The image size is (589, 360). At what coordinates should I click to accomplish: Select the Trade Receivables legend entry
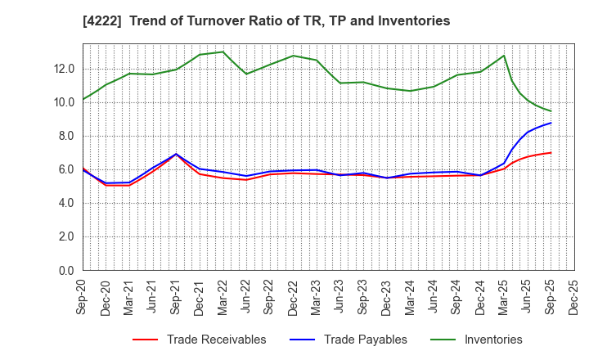pyautogui.click(x=216, y=340)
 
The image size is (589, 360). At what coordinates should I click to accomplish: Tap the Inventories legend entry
pyautogui.click(x=492, y=340)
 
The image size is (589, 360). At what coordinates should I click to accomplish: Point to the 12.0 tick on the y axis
pyautogui.click(x=65, y=69)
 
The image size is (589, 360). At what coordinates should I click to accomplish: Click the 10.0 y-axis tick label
pyautogui.click(x=65, y=102)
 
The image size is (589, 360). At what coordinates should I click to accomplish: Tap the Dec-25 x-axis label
pyautogui.click(x=574, y=295)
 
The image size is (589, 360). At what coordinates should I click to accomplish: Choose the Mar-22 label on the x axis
pyautogui.click(x=223, y=295)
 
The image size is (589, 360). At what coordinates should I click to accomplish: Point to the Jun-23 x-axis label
pyautogui.click(x=340, y=295)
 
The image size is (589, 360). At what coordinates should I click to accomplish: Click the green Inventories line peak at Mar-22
pyautogui.click(x=223, y=52)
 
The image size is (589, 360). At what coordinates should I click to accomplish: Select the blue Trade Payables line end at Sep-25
pyautogui.click(x=551, y=123)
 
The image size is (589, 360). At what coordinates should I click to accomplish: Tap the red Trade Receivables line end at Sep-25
pyautogui.click(x=551, y=152)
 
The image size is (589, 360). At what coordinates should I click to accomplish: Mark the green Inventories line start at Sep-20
pyautogui.click(x=83, y=99)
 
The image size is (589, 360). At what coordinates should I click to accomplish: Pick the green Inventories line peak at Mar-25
pyautogui.click(x=504, y=56)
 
